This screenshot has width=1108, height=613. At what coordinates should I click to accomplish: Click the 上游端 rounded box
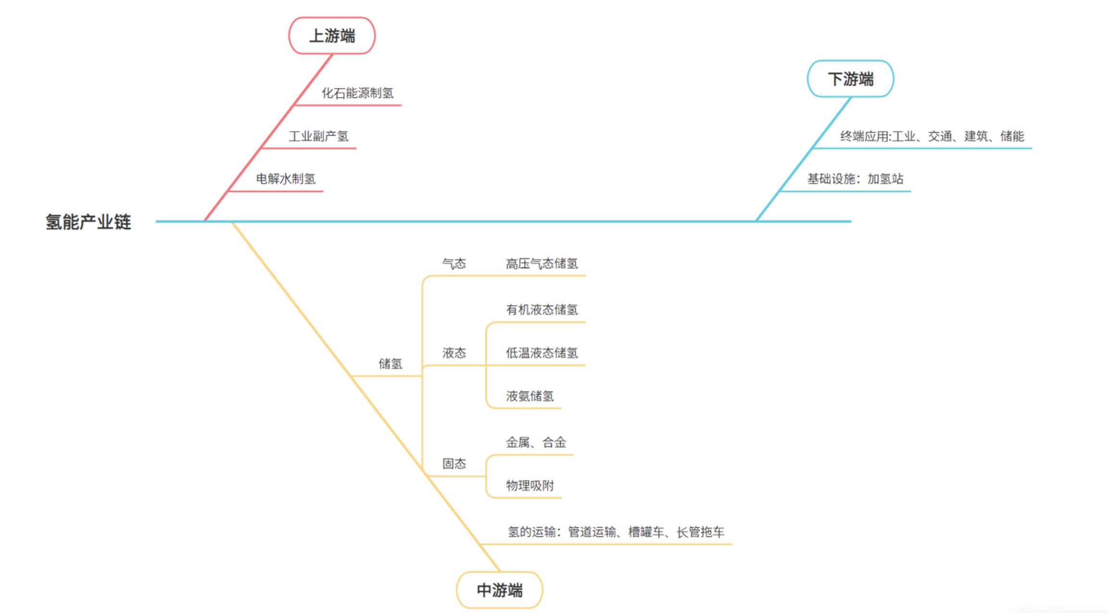[x=332, y=36]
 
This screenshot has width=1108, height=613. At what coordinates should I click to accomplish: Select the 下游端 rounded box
[x=850, y=79]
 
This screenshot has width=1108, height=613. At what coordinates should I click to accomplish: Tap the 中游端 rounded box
[x=499, y=590]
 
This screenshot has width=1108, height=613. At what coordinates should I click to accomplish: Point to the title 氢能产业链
[x=88, y=222]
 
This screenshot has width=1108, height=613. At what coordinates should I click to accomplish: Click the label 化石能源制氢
[x=357, y=93]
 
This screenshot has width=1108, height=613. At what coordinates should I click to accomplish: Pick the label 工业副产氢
[x=318, y=137]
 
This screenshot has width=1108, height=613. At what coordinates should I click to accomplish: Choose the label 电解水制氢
[x=286, y=179]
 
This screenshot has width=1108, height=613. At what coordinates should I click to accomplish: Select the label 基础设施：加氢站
[x=855, y=179]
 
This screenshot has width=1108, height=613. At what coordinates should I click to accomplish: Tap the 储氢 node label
[x=390, y=364]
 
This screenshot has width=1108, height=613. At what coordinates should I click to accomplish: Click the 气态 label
[x=454, y=263]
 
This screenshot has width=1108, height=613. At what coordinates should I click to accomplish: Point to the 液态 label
[x=454, y=353]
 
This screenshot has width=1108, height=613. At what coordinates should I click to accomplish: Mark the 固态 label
[x=454, y=464]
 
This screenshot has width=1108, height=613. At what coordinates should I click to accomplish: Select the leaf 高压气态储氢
[x=542, y=263]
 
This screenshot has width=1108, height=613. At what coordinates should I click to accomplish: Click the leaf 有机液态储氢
[x=542, y=310]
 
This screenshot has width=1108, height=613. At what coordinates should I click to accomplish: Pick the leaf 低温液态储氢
[x=542, y=353]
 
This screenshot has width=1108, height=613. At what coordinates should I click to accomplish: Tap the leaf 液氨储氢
[x=530, y=397]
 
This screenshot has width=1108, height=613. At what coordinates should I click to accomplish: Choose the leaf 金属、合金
[x=536, y=442]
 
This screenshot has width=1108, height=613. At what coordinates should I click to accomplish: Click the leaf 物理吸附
[x=530, y=486]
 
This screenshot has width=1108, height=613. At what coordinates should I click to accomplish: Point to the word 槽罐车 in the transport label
[x=647, y=532]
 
